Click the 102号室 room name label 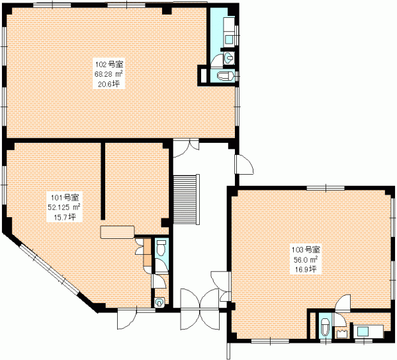tap(109, 64)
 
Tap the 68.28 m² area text tap(109, 74)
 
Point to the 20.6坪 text tap(109, 83)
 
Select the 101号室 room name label tap(65, 197)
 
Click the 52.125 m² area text tap(64, 207)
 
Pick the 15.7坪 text tap(65, 216)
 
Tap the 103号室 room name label tap(306, 250)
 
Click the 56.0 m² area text tap(306, 260)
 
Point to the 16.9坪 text tap(306, 269)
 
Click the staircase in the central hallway tap(187, 199)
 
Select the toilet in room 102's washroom tap(226, 76)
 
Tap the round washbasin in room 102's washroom tap(229, 58)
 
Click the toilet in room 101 tap(161, 248)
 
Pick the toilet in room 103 tap(324, 327)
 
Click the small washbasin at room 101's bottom tap(159, 302)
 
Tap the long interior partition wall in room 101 tap(103, 181)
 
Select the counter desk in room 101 tap(117, 232)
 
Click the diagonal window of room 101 tap(50, 269)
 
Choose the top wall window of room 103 tap(326, 188)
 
